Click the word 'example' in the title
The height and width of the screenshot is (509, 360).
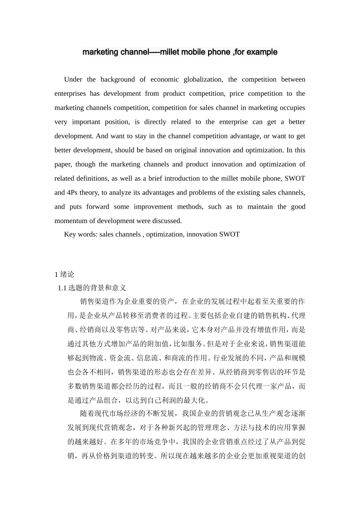click(262, 52)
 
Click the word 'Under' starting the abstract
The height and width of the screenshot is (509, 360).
click(73, 80)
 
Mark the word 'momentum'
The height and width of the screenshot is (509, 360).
click(70, 221)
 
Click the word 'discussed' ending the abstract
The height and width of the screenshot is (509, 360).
click(167, 221)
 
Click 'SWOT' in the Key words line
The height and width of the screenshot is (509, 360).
click(229, 234)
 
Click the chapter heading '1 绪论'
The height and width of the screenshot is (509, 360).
click(64, 275)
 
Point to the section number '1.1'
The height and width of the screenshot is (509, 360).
click(62, 288)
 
